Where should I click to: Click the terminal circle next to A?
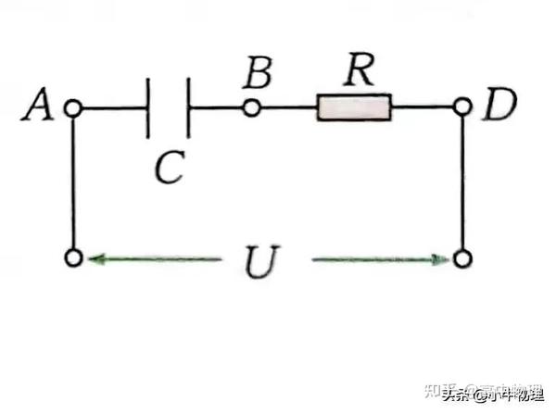tap(74, 108)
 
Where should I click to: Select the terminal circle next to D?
tap(463, 108)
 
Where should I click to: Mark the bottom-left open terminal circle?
tap(74, 257)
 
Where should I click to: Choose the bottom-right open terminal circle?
tap(463, 257)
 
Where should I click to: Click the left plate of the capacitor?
tap(148, 108)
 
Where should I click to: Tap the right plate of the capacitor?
tap(188, 108)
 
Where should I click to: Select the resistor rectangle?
tap(354, 108)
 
